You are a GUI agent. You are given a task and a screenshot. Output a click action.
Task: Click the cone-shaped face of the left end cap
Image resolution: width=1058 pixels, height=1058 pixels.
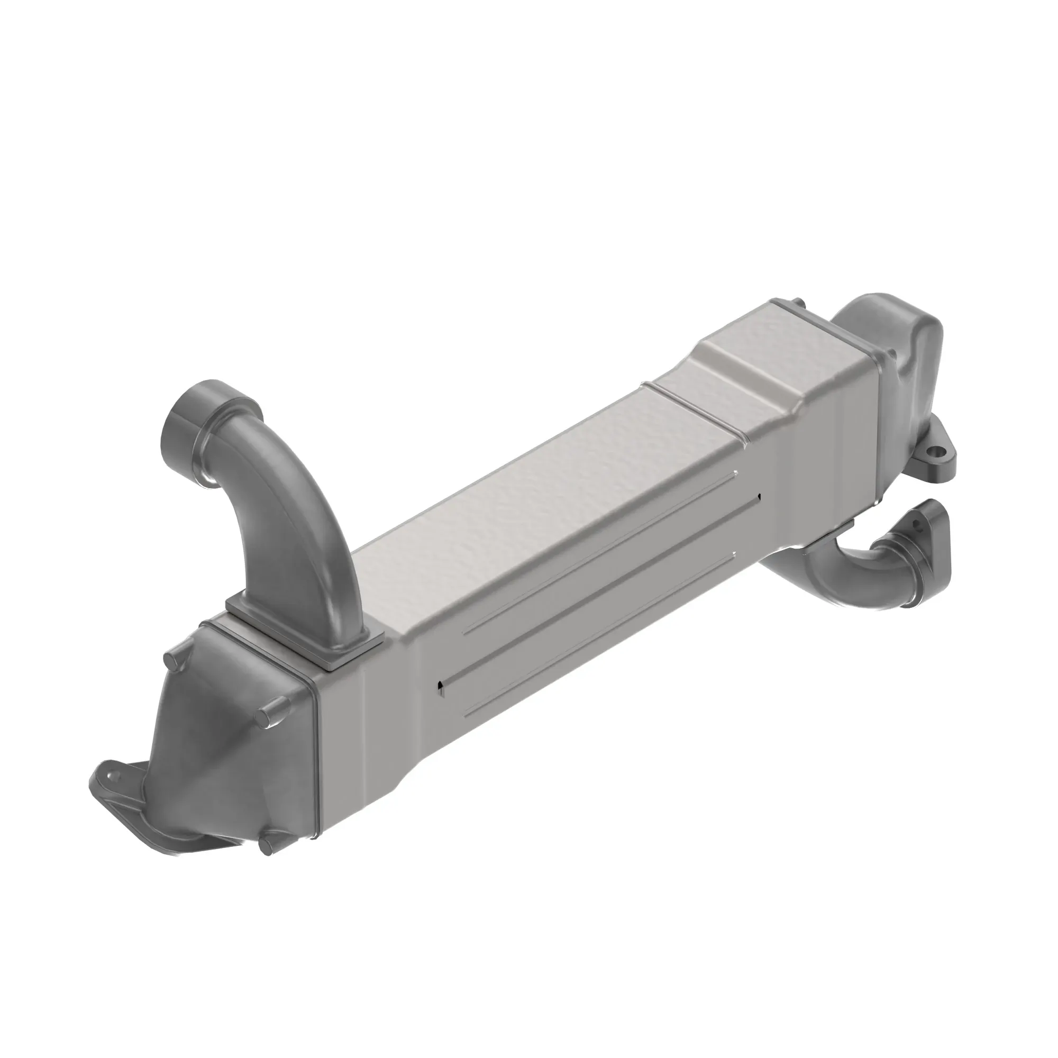(219, 761)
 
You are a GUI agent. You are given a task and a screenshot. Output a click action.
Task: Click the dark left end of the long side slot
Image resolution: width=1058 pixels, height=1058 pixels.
(440, 685)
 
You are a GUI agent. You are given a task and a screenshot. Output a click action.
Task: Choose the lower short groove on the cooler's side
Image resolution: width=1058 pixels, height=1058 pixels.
(597, 635)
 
